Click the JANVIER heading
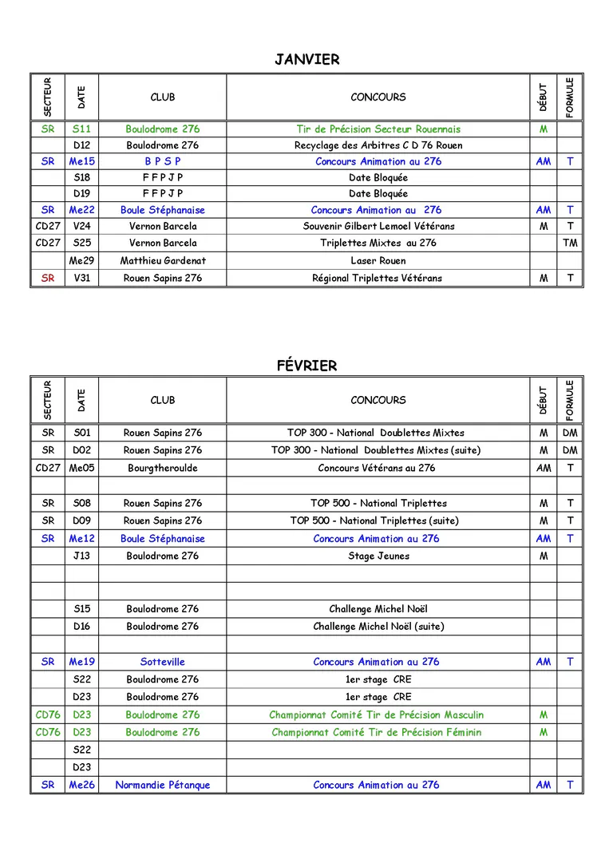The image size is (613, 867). [x=306, y=60]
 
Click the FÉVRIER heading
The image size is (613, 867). [x=306, y=366]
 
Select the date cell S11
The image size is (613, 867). [x=81, y=129]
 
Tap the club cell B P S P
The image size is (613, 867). [x=162, y=161]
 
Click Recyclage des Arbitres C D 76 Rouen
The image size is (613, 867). [x=378, y=145]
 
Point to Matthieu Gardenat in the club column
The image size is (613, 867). [x=162, y=261]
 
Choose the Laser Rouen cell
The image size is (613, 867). [x=378, y=261]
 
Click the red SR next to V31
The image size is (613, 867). [x=48, y=279]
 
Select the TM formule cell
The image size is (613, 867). [x=569, y=243]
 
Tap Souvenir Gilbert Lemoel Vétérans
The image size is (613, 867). [x=378, y=227]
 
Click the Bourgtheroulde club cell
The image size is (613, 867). [x=162, y=468]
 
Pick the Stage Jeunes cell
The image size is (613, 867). [x=378, y=556]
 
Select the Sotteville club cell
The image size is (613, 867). [x=162, y=662]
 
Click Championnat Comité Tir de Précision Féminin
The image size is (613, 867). [x=376, y=732]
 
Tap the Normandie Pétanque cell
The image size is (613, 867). [x=162, y=785]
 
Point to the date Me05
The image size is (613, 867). [x=81, y=468]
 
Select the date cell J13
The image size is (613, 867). [x=81, y=556]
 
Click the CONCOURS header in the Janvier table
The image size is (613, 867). [x=378, y=97]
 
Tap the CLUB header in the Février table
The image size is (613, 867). [x=162, y=400]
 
